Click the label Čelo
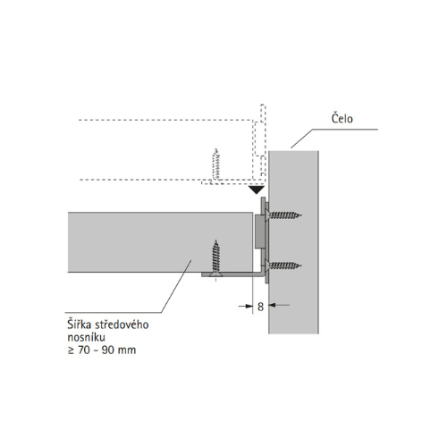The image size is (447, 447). click(x=342, y=118)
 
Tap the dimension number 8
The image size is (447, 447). click(x=260, y=307)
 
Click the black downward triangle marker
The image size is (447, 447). click(x=257, y=190)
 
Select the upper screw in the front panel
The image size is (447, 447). click(x=284, y=215)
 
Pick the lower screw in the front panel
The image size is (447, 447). click(x=284, y=265)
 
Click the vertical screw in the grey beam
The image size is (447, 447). click(x=215, y=258)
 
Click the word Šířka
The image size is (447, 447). click(x=80, y=324)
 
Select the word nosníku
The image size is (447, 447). click(x=86, y=337)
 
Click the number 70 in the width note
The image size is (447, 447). click(x=84, y=350)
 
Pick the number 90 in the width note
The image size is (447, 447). click(x=107, y=350)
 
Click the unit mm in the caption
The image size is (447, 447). click(x=127, y=351)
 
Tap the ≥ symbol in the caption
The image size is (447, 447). click(x=71, y=350)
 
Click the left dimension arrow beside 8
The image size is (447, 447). click(x=246, y=305)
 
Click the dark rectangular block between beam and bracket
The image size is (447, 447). click(x=258, y=231)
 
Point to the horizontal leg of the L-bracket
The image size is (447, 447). click(x=232, y=274)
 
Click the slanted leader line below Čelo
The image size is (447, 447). click(x=302, y=139)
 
